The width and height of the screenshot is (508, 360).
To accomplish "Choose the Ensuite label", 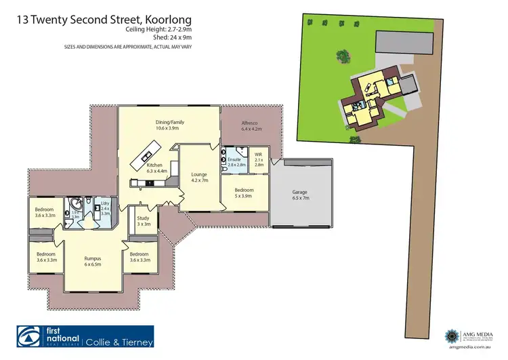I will pos(235,161).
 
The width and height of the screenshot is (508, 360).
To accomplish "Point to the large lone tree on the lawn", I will pos(343,55).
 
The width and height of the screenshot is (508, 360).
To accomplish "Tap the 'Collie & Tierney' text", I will pos(119,342).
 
